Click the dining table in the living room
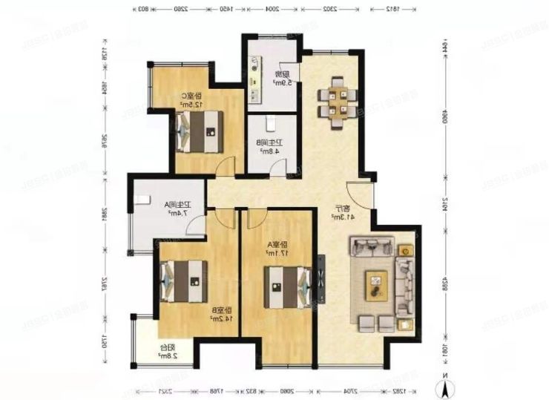(338, 102)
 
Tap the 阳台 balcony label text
(164, 346)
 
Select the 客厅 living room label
(344, 208)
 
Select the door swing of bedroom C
(219, 166)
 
